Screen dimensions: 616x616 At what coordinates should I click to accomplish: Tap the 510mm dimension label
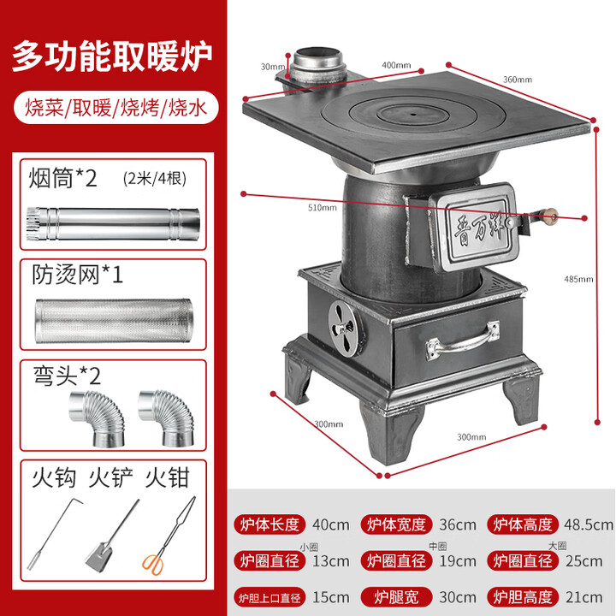click(x=323, y=207)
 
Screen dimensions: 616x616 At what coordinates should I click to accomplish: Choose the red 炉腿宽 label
click(x=395, y=596)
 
